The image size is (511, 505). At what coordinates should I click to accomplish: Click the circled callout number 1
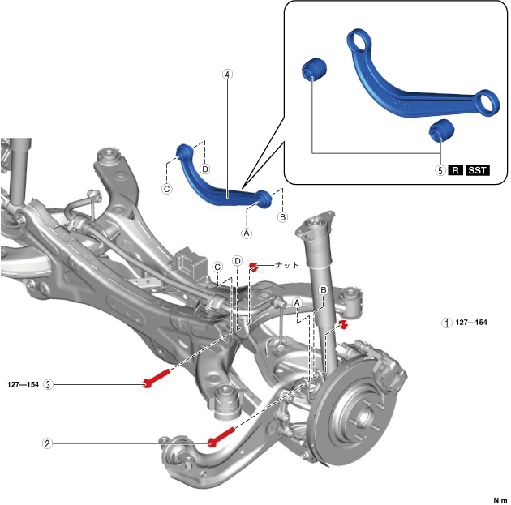pos(445,323)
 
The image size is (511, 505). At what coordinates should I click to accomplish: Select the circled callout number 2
pos(48,443)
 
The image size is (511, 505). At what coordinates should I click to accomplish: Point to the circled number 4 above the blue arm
pos(227,74)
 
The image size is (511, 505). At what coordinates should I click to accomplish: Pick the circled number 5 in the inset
pos(440,171)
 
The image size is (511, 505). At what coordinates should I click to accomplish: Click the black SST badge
pos(478,171)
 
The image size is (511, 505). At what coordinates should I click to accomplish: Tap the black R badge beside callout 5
pos(456,171)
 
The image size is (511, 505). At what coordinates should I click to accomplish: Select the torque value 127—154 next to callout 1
pos(471,323)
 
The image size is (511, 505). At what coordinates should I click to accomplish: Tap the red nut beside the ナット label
pos(255,266)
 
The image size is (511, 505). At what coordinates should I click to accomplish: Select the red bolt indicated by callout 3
pos(157,378)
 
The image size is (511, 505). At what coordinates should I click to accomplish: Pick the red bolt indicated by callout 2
pos(222,436)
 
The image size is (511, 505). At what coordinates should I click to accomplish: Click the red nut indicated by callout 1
pos(343,325)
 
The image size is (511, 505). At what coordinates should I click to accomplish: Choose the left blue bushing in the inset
pos(312,69)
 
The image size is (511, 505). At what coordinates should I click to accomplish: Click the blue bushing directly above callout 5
pos(440,129)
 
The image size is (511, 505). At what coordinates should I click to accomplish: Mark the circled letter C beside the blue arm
pos(168,190)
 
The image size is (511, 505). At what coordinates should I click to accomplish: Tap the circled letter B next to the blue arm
pos(282,217)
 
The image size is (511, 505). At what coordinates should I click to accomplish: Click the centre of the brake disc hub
pos(362,422)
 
